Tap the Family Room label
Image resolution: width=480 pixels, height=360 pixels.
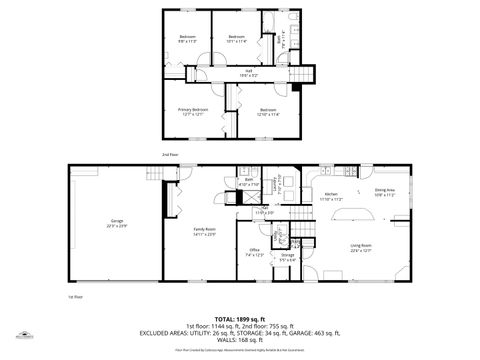(204, 231)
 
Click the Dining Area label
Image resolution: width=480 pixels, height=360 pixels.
(385, 192)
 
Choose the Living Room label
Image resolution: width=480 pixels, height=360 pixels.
(361, 247)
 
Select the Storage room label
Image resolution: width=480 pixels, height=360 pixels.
(288, 257)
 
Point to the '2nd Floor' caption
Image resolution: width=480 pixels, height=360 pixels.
(170, 155)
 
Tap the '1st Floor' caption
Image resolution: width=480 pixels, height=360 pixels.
(74, 297)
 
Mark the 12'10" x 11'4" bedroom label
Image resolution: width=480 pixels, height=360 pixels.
(267, 112)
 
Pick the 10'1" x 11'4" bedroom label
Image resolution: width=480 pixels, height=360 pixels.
(237, 39)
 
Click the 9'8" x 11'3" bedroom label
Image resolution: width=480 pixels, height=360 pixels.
(187, 39)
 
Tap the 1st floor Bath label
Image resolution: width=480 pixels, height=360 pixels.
(249, 183)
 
